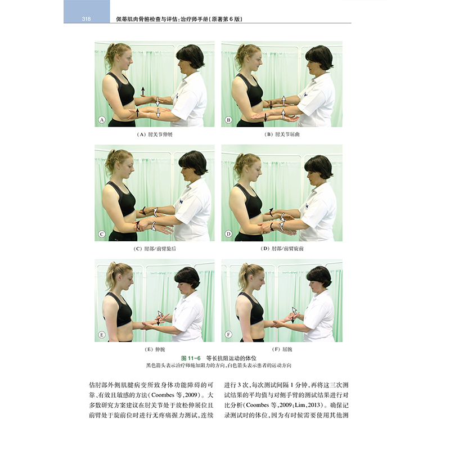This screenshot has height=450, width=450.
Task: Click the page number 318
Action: [86, 19]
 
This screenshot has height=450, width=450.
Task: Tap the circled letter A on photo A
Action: [102, 120]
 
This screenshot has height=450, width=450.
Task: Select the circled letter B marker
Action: [228, 120]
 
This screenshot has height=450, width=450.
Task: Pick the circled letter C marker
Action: [102, 234]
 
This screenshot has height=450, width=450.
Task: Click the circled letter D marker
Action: [228, 234]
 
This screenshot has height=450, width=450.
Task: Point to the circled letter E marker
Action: [102, 335]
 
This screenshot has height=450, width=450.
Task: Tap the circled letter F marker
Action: [228, 334]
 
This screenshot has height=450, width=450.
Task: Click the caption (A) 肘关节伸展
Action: [155, 134]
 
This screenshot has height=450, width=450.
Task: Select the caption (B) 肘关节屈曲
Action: [282, 134]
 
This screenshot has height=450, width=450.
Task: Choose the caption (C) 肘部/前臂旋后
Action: [155, 249]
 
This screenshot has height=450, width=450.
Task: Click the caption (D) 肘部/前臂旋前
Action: [282, 249]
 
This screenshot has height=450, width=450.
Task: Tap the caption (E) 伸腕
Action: [155, 349]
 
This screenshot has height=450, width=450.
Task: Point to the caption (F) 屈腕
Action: [282, 349]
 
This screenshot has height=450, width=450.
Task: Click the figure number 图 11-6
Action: [191, 358]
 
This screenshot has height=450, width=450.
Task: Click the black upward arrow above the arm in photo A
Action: [143, 91]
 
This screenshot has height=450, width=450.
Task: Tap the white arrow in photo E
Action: [160, 313]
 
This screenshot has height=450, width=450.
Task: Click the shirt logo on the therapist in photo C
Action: [181, 202]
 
